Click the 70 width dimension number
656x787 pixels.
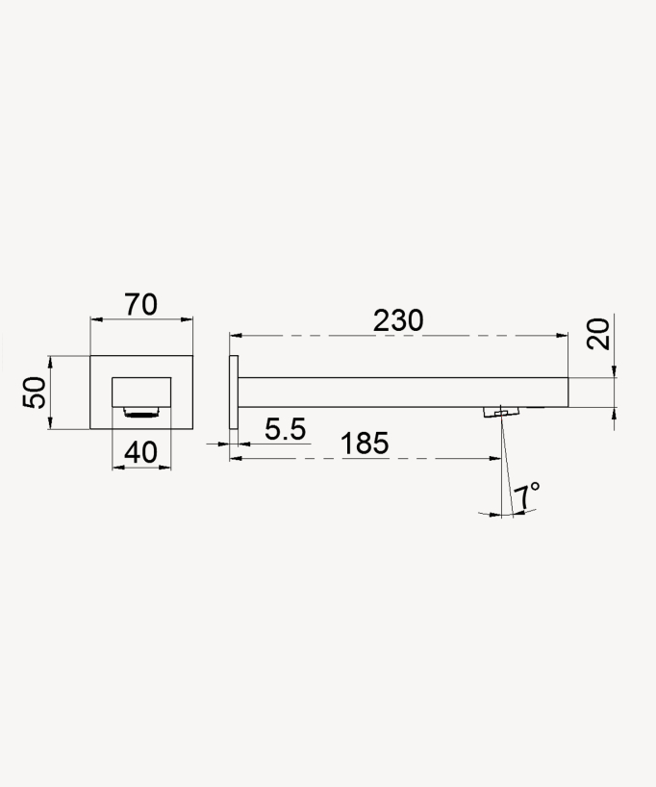pyautogui.click(x=140, y=305)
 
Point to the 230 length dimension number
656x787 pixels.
pyautogui.click(x=398, y=320)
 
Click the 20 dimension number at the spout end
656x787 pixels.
pyautogui.click(x=598, y=335)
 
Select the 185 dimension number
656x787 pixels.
pyautogui.click(x=365, y=444)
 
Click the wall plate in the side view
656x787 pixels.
pyautogui.click(x=233, y=393)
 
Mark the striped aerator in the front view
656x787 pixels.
pyautogui.click(x=141, y=414)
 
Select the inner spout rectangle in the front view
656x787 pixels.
pyautogui.click(x=141, y=393)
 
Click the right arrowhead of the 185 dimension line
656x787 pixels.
pyautogui.click(x=495, y=458)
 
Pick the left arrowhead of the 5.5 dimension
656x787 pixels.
pyautogui.click(x=223, y=444)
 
